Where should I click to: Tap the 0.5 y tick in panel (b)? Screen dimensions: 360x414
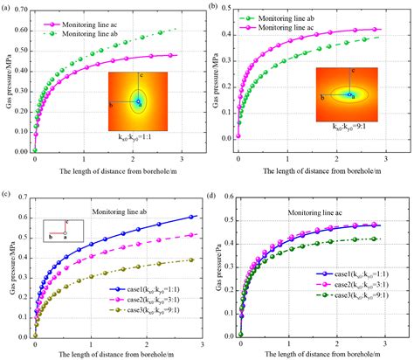[233, 10]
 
